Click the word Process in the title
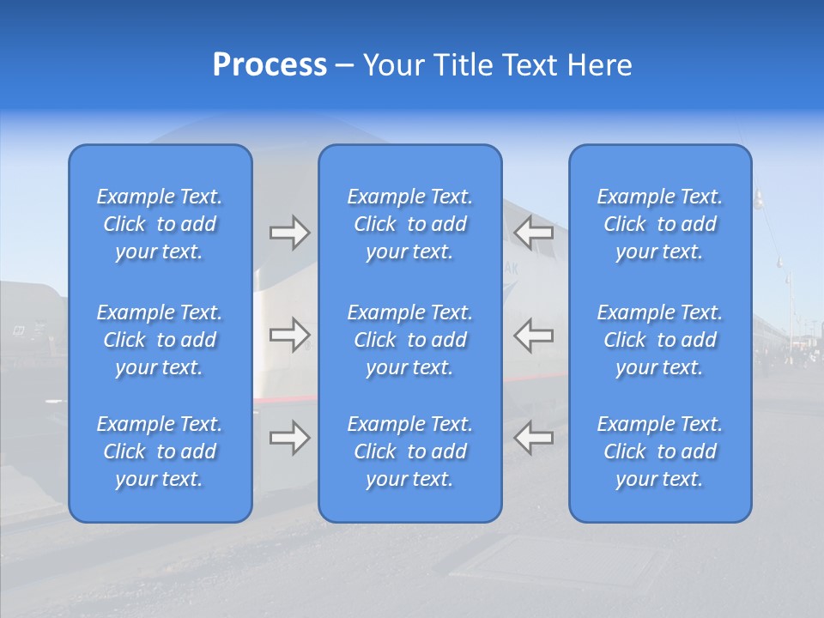tap(270, 65)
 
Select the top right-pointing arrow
tap(289, 232)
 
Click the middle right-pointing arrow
tap(289, 334)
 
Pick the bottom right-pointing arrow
tap(289, 437)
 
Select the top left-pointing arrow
tap(534, 232)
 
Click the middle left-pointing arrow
tap(534, 334)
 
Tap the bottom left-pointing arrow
tap(534, 437)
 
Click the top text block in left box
tap(160, 224)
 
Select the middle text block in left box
tap(160, 340)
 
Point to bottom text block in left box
tap(160, 451)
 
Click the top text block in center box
tap(410, 224)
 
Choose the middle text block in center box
tap(410, 340)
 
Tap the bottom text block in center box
tap(410, 451)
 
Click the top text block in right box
tap(660, 224)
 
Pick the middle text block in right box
tap(660, 340)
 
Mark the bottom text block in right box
tap(660, 451)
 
